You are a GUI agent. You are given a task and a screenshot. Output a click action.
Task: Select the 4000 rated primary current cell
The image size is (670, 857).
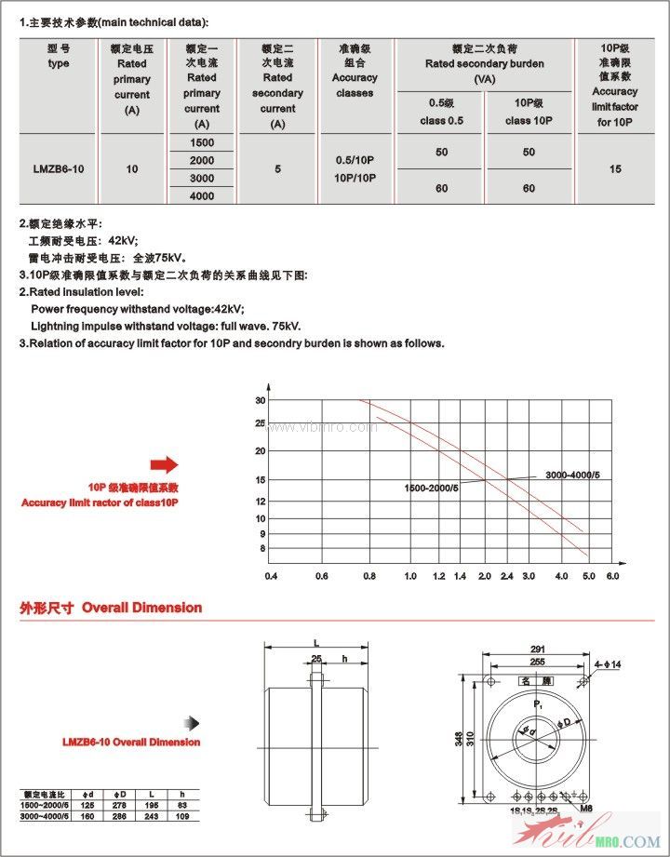(201, 195)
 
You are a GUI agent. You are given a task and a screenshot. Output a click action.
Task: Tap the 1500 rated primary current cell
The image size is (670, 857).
(201, 142)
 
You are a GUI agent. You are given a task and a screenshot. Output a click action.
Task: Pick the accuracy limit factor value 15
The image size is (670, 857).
(615, 169)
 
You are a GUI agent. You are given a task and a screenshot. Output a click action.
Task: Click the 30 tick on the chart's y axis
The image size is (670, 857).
(261, 400)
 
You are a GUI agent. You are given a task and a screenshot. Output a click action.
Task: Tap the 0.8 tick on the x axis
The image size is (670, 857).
(369, 577)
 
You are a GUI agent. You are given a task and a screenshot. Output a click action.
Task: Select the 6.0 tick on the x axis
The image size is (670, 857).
(612, 577)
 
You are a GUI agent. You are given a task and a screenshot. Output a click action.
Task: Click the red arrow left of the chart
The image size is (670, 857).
(164, 465)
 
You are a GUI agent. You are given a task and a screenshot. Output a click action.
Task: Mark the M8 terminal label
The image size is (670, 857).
(586, 809)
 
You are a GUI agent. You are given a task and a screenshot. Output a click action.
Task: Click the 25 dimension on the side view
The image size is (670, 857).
(316, 658)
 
